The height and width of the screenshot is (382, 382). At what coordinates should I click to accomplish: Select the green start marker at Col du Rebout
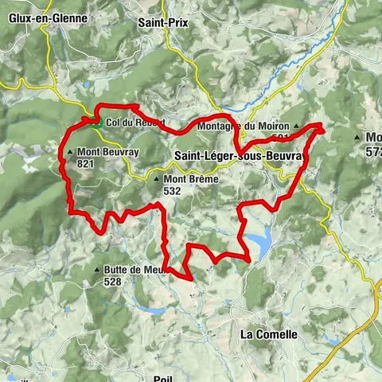(95, 123)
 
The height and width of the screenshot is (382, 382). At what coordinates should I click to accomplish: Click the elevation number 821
(87, 163)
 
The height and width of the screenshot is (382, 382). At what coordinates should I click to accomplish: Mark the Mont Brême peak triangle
(155, 179)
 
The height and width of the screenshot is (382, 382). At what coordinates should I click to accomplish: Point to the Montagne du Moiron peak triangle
(297, 127)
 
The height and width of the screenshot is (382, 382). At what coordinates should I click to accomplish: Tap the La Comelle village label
(268, 335)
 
